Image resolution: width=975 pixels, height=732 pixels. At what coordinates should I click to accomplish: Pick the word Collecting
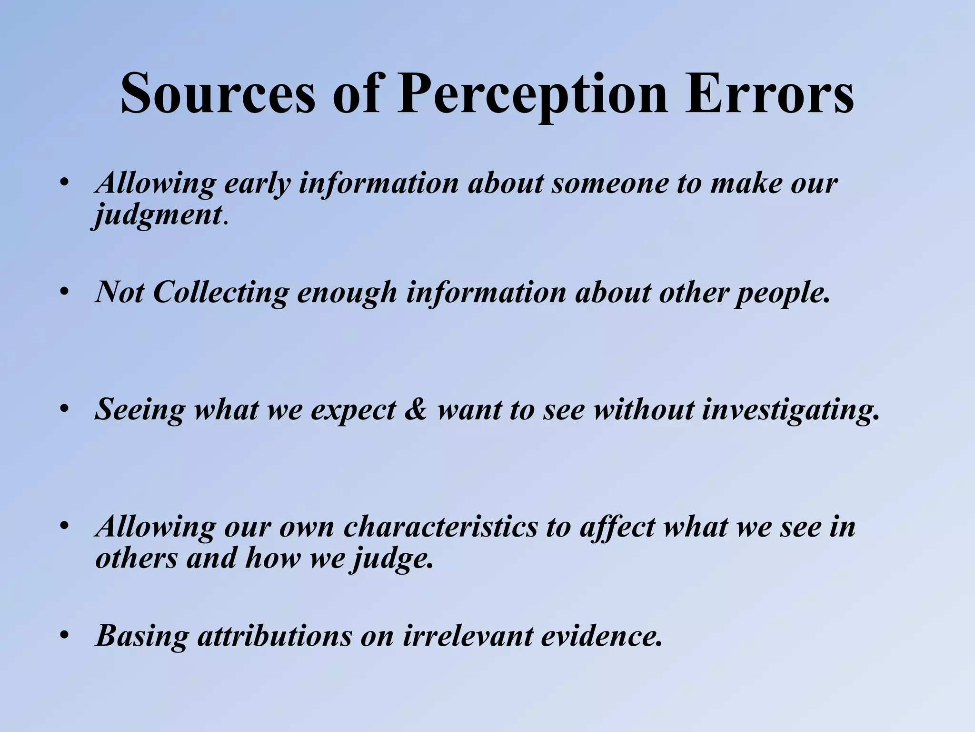coord(221,292)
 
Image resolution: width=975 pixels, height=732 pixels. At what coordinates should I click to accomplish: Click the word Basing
coord(142,636)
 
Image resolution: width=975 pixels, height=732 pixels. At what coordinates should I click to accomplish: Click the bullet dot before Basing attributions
coord(65,637)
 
